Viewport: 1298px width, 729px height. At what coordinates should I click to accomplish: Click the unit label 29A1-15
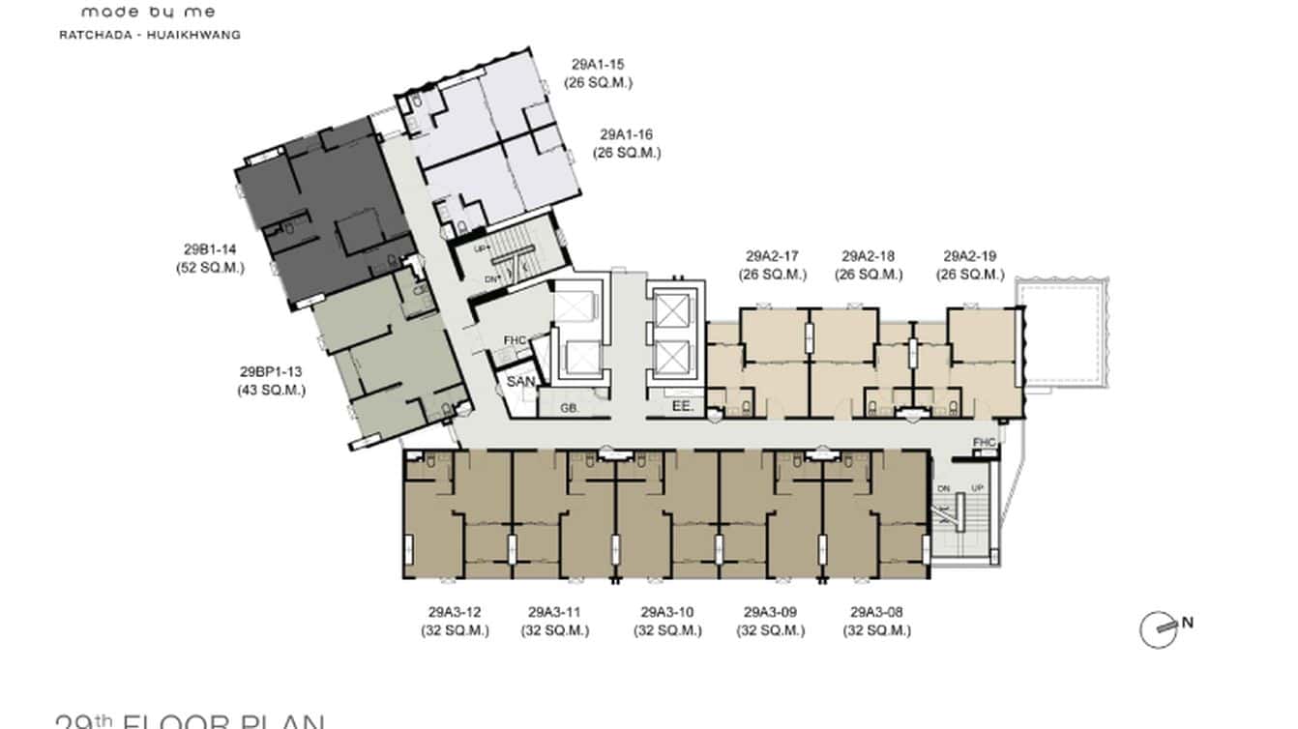pos(598,66)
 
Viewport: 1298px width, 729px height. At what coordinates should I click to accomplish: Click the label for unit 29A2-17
pos(773,257)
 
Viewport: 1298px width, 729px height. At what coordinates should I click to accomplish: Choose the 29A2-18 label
pos(869,257)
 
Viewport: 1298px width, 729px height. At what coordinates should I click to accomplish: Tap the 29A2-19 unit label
pos(969,257)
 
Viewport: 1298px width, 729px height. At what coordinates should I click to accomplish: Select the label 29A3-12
pos(455,613)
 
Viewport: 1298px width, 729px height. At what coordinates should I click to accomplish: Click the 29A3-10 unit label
pos(667,613)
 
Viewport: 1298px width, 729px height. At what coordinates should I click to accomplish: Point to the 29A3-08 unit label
pos(876,613)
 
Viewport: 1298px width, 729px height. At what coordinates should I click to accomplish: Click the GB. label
pos(570,408)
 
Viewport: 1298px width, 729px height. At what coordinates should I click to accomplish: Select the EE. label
pos(683,408)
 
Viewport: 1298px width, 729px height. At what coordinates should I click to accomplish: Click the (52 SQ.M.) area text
pos(210,268)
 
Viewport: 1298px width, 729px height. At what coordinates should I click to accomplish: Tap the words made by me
pos(148,13)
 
